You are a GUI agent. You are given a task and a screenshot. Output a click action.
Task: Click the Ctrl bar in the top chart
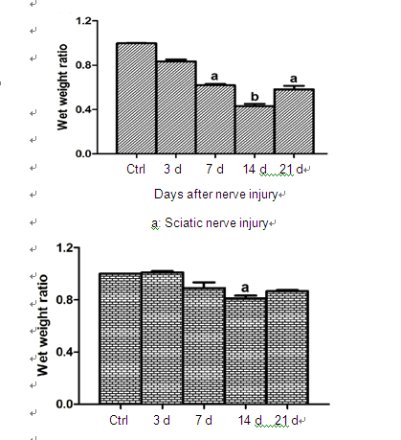pos(137,98)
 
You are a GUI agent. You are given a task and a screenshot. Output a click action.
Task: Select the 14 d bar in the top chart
pos(255,129)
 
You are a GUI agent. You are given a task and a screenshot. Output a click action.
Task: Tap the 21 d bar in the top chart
pos(294,122)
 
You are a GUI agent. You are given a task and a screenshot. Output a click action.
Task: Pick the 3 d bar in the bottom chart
pos(163,338)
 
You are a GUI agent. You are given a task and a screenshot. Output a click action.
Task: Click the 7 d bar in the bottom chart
pos(205,346)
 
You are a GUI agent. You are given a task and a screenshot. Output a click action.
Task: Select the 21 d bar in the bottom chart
pos(287,347)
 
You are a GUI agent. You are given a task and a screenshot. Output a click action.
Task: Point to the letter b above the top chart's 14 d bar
pos(255,96)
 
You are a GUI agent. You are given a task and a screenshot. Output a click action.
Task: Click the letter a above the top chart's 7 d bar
pos(214,77)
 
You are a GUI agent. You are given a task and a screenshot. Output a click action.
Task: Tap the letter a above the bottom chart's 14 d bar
pos(245,288)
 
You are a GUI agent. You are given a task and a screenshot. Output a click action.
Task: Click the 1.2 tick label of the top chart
pos(83,21)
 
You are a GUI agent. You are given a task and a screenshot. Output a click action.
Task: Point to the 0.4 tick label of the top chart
pos(83,109)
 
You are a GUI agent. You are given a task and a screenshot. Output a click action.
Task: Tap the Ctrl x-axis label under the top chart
pos(136,169)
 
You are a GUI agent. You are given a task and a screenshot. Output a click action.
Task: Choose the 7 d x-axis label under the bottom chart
pos(204,420)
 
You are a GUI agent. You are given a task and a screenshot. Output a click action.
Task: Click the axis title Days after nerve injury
pos(216,195)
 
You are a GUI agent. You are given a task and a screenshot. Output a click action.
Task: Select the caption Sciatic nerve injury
pos(216,222)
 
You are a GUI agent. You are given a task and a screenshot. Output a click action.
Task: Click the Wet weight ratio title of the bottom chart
pos(42,325)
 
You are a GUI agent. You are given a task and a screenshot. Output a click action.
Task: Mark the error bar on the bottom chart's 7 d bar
pos(204,285)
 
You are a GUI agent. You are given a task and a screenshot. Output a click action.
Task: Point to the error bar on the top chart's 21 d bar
pos(294,87)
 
